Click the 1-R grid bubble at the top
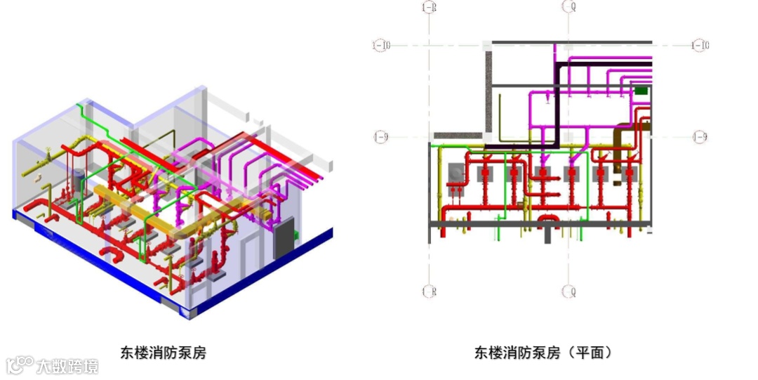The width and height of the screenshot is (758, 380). click(x=430, y=8)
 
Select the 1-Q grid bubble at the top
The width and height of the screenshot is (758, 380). click(x=568, y=8)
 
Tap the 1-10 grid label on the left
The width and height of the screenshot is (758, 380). click(x=380, y=46)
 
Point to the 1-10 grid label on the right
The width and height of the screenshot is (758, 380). click(x=700, y=46)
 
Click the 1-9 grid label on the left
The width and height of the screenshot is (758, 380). click(x=380, y=137)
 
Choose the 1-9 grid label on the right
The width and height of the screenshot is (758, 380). click(x=700, y=137)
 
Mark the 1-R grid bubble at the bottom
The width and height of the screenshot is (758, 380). click(x=430, y=291)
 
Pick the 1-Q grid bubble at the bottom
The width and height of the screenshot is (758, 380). click(x=568, y=291)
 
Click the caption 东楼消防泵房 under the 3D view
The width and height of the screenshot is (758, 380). click(x=164, y=352)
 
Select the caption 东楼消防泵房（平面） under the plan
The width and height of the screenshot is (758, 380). click(x=543, y=352)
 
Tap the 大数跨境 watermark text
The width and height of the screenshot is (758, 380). click(x=67, y=366)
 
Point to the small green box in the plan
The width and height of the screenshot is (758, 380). click(x=641, y=90)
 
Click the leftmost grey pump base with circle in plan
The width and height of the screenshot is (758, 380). click(x=457, y=172)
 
